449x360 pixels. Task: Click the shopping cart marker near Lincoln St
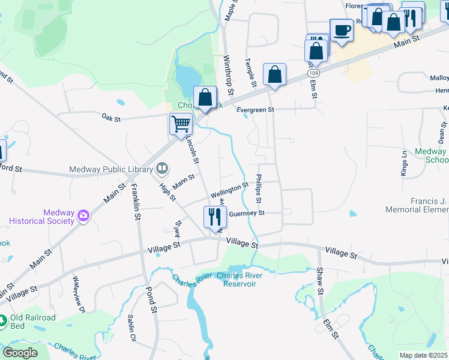click(x=181, y=124)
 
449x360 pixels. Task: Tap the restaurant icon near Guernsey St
click(x=215, y=217)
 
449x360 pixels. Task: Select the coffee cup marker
click(x=342, y=29)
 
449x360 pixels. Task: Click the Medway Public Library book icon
click(x=161, y=169)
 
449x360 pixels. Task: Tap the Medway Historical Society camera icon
click(x=83, y=215)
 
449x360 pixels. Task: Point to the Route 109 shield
click(x=313, y=73)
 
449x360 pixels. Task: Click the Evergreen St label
click(x=255, y=110)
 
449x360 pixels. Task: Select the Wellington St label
click(x=229, y=191)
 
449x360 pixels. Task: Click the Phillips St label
click(x=259, y=188)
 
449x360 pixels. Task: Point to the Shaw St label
click(x=320, y=281)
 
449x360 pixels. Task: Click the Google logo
click(x=20, y=352)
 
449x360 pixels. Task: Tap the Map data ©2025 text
click(x=423, y=355)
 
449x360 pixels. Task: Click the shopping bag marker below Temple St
click(x=274, y=75)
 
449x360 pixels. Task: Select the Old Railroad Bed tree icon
click(x=3, y=322)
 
